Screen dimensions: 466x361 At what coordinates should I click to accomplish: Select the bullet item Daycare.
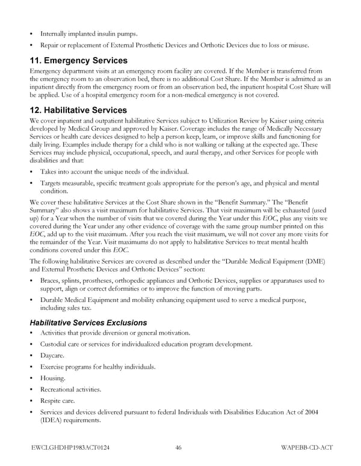pyautogui.click(x=53, y=356)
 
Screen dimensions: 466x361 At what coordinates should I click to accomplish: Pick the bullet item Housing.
pyautogui.click(x=53, y=378)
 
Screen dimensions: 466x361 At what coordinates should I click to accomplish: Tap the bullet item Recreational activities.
pyautogui.click(x=70, y=389)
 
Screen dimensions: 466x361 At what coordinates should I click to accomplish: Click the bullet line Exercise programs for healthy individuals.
pyautogui.click(x=97, y=367)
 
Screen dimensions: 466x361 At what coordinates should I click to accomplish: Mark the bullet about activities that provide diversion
pyautogui.click(x=115, y=333)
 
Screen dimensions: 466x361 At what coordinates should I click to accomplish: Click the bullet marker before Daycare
pyautogui.click(x=31, y=356)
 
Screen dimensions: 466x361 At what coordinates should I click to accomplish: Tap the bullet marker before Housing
pyautogui.click(x=31, y=378)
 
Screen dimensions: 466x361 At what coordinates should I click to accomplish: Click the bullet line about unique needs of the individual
pyautogui.click(x=114, y=172)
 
